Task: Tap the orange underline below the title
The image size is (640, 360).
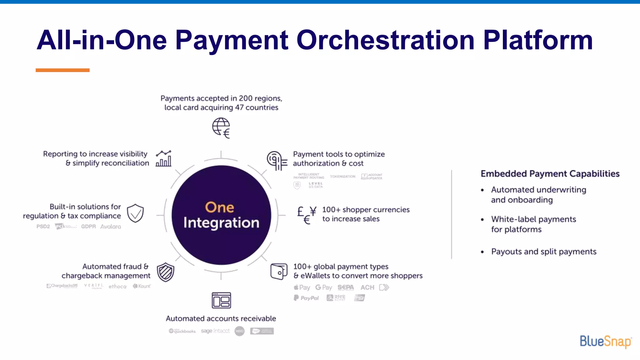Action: point(62,70)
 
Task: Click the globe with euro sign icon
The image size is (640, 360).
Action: point(221,128)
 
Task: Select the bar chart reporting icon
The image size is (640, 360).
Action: point(163,158)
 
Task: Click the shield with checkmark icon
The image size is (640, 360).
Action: point(135,213)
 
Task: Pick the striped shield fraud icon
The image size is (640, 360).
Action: point(165,272)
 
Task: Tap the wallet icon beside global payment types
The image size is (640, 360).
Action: point(279,271)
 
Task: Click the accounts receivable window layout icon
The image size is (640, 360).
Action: point(221,300)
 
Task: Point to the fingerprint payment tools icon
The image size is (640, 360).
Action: point(277,161)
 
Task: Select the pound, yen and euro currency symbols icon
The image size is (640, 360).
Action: point(307,215)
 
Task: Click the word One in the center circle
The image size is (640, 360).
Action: point(219,207)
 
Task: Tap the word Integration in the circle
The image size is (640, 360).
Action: point(221,223)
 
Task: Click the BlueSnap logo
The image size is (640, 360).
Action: point(605,341)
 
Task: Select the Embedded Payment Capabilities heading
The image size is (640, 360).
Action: point(550,174)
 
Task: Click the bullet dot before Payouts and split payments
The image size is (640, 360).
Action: point(482,252)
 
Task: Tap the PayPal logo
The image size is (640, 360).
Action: point(306,298)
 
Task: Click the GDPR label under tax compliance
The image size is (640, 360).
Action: point(88,227)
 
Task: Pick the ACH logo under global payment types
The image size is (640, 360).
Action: point(367,287)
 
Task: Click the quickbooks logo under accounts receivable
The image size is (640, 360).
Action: point(182,331)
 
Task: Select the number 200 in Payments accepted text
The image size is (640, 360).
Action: point(246,98)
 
